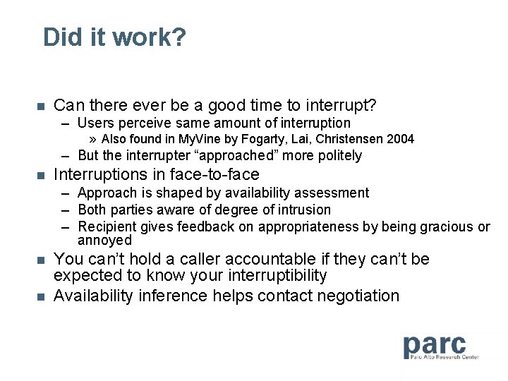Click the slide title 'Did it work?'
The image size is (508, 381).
click(114, 37)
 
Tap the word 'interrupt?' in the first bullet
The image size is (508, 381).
click(341, 106)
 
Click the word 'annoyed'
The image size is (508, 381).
click(104, 240)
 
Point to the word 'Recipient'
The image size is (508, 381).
click(107, 226)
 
